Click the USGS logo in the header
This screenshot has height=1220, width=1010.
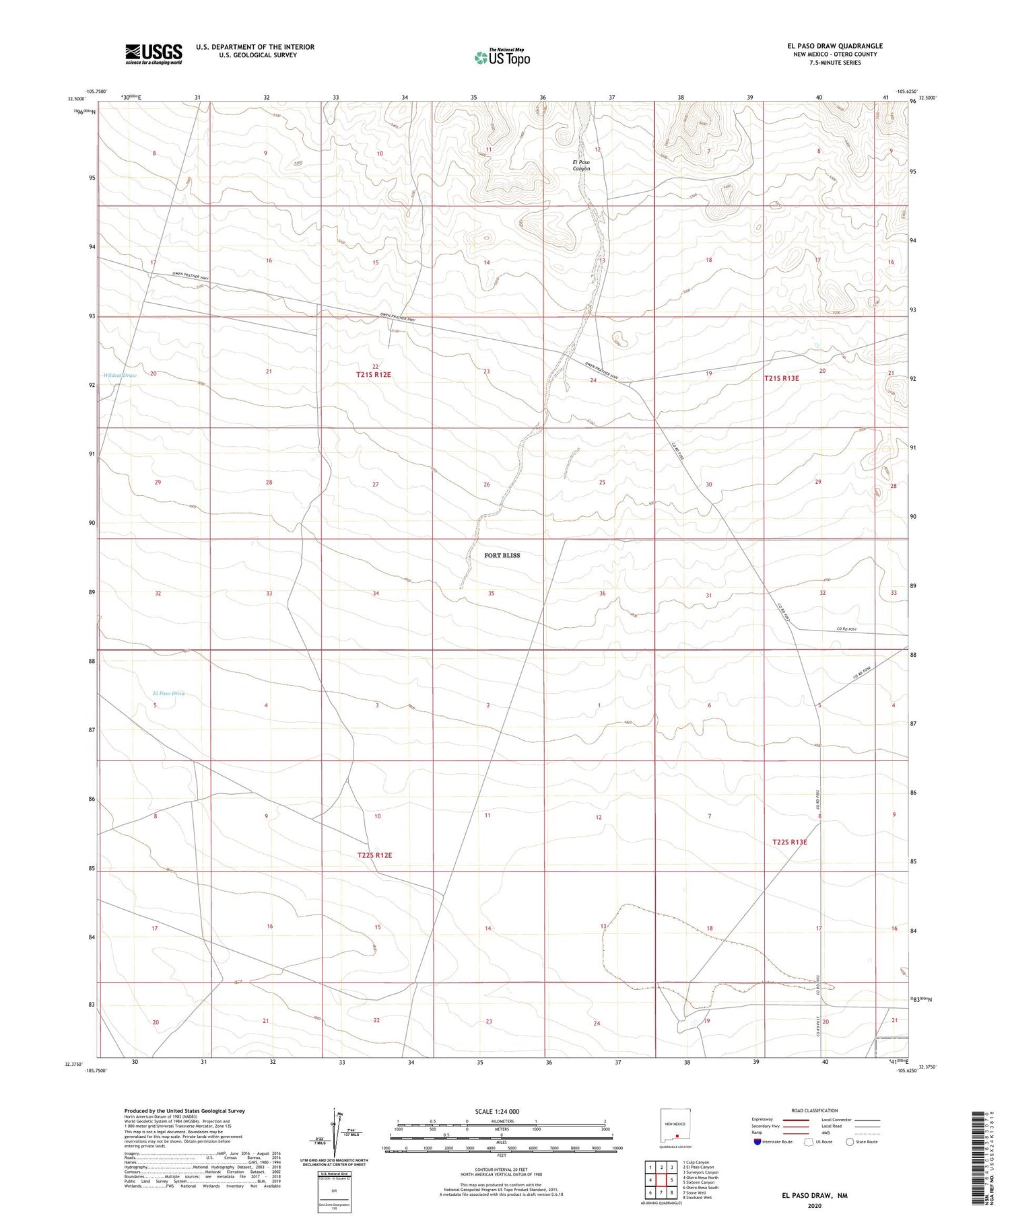click(x=154, y=54)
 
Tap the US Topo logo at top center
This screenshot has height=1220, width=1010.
click(x=502, y=58)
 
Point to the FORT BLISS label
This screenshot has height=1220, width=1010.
click(x=502, y=555)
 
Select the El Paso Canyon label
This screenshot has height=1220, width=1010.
click(x=581, y=166)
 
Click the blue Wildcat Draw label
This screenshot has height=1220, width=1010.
click(x=120, y=375)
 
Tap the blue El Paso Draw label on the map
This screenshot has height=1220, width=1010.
click(x=168, y=693)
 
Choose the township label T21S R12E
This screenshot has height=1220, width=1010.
click(x=374, y=374)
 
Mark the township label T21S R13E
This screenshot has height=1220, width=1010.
click(x=781, y=378)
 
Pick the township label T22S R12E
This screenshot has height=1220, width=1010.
click(x=374, y=855)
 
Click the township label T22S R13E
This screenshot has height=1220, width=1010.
click(x=789, y=842)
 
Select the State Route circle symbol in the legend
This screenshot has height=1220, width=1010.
click(x=850, y=1141)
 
